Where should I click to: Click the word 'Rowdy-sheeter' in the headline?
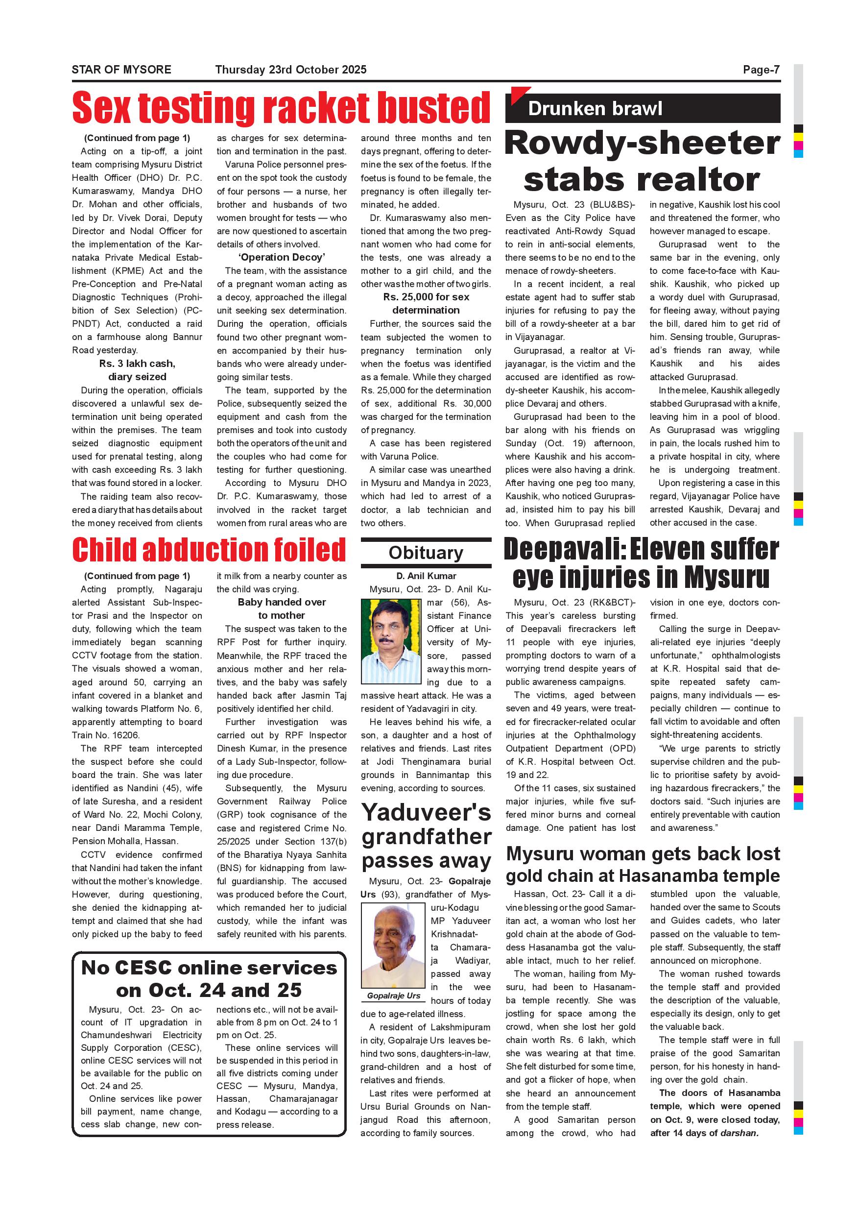pyautogui.click(x=643, y=143)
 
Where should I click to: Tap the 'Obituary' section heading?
pyautogui.click(x=426, y=553)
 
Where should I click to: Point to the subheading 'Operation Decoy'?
pyautogui.click(x=282, y=258)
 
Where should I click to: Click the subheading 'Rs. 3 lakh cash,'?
pyautogui.click(x=137, y=364)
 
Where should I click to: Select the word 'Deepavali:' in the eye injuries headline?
pyautogui.click(x=564, y=550)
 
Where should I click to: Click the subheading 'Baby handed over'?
pyautogui.click(x=282, y=602)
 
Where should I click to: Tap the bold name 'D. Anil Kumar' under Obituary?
pyautogui.click(x=426, y=576)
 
